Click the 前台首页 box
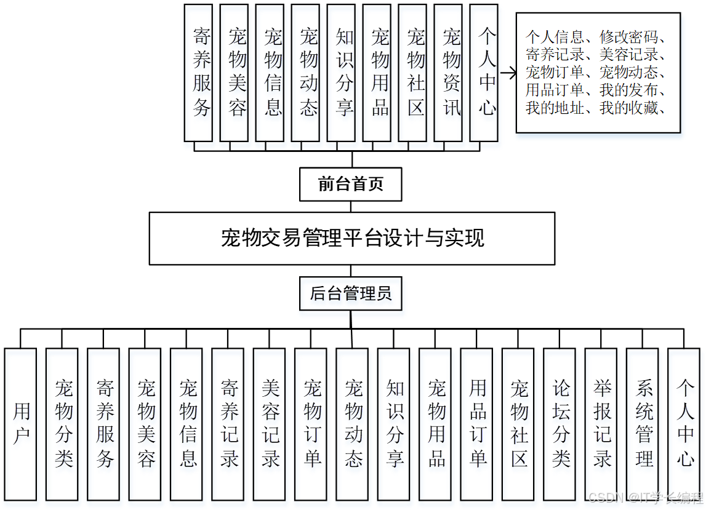coord(350,184)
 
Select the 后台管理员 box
coord(350,293)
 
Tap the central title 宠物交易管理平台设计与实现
coord(352,238)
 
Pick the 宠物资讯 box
coord(452,73)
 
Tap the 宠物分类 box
coord(62,424)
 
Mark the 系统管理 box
coord(643,424)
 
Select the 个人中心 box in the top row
coord(487,73)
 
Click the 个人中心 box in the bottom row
coord(684,424)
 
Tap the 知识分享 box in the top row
coord(345,73)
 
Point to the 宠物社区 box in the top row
coord(416,73)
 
